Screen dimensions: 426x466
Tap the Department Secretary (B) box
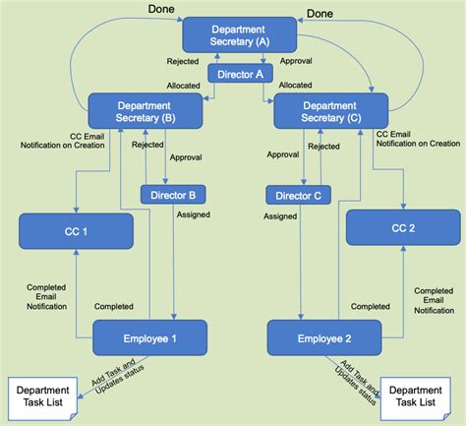click(x=145, y=111)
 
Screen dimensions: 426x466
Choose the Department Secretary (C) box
click(x=330, y=111)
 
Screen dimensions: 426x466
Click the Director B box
click(x=172, y=194)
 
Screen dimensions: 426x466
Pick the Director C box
click(x=297, y=194)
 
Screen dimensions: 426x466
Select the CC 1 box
click(x=76, y=230)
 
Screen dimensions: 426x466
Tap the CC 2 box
click(x=402, y=230)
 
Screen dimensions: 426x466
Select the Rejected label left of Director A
click(x=183, y=61)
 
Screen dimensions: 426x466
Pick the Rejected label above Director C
click(x=324, y=147)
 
